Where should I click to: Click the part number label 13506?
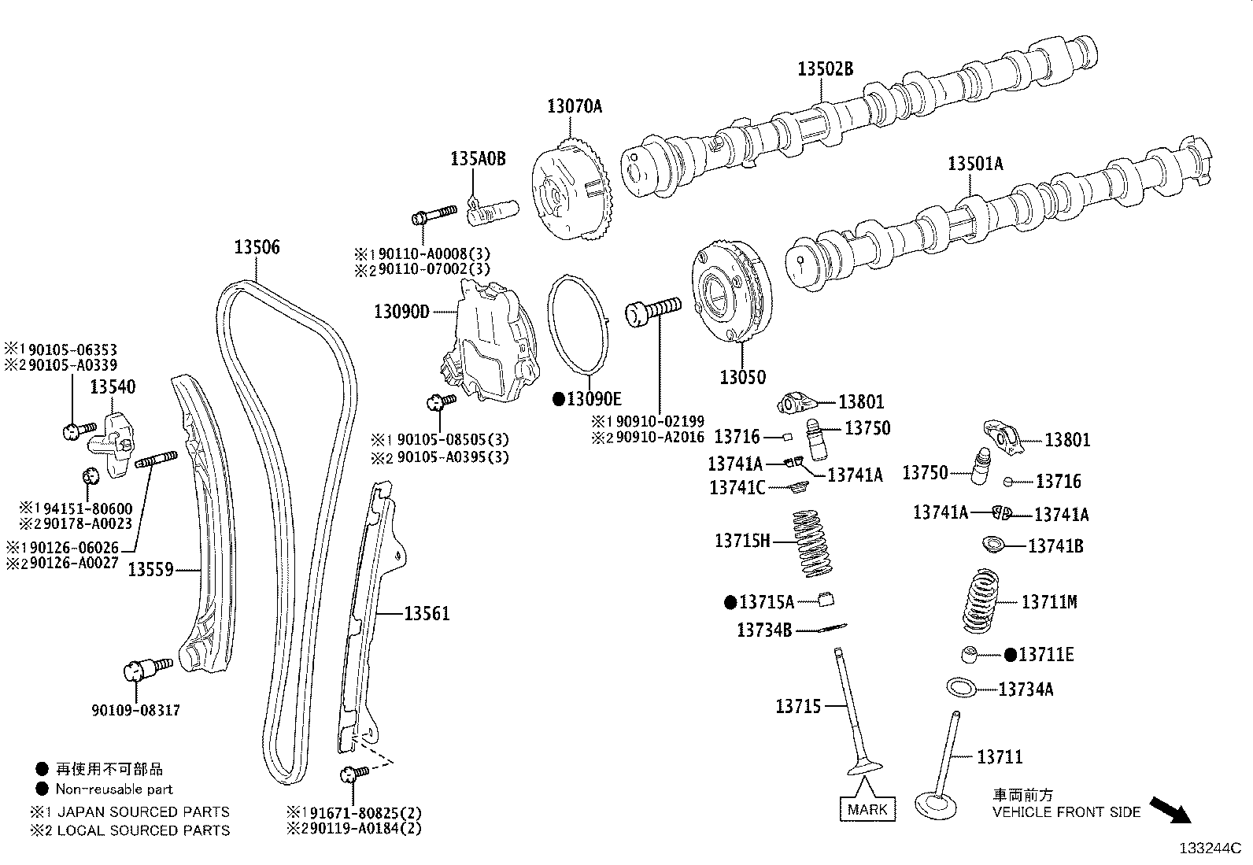coord(257,248)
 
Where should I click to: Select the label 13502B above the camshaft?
coord(825,69)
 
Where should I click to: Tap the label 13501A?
coord(975,164)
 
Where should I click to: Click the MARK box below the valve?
coord(867,809)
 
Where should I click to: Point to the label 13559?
coord(150,568)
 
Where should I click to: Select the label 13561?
coord(427,613)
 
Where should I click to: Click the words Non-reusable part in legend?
coord(114,789)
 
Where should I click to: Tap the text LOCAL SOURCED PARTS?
coord(143,830)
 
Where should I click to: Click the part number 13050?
coord(742,378)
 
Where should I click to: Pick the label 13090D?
coord(401,312)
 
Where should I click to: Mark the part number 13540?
coord(113,387)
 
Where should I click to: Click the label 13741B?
coord(1055,545)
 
